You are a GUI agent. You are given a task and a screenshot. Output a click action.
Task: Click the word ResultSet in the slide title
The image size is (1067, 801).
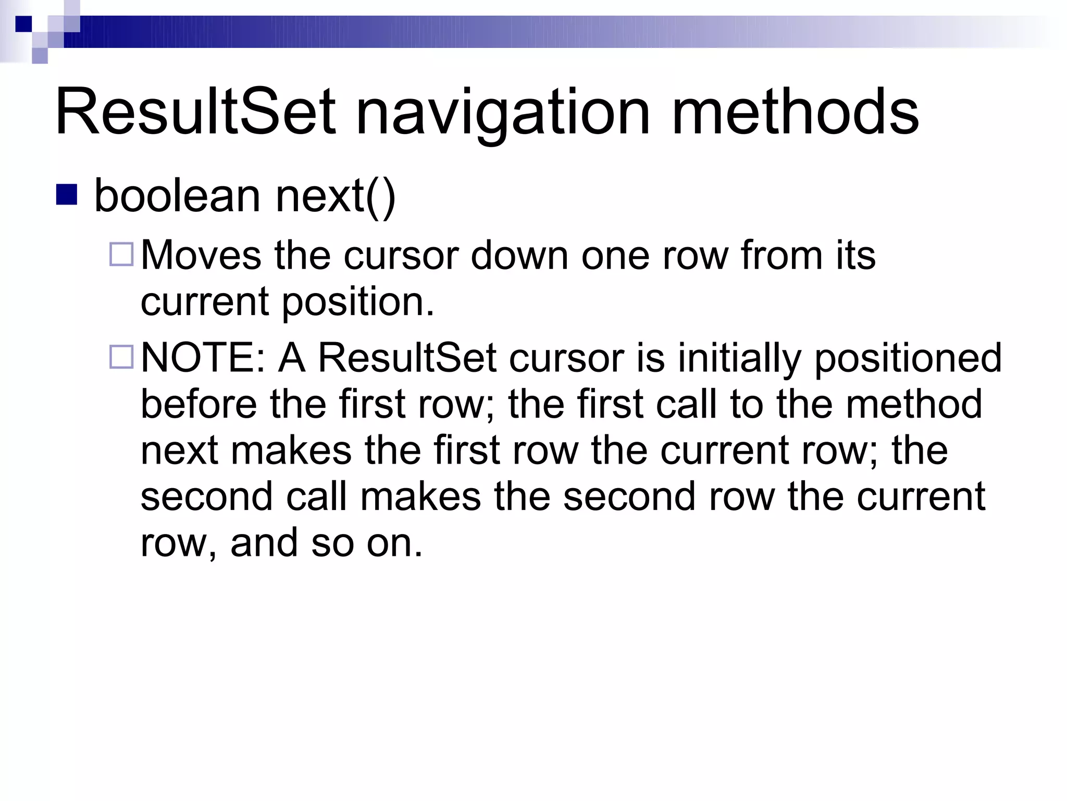(x=195, y=112)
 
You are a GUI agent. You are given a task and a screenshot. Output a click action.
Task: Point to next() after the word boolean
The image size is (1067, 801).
(x=336, y=197)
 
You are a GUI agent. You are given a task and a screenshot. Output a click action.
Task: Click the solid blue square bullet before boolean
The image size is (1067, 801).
(x=66, y=194)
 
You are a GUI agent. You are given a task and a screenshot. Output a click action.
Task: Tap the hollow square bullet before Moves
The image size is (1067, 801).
(x=122, y=254)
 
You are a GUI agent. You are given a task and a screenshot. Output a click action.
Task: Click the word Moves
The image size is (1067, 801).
(x=201, y=255)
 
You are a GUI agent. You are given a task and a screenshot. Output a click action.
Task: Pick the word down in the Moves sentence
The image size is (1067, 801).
(x=519, y=255)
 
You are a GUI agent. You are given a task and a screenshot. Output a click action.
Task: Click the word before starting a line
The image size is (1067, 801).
(x=198, y=404)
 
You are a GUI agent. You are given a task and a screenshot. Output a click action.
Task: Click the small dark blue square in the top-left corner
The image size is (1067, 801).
(x=23, y=24)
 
